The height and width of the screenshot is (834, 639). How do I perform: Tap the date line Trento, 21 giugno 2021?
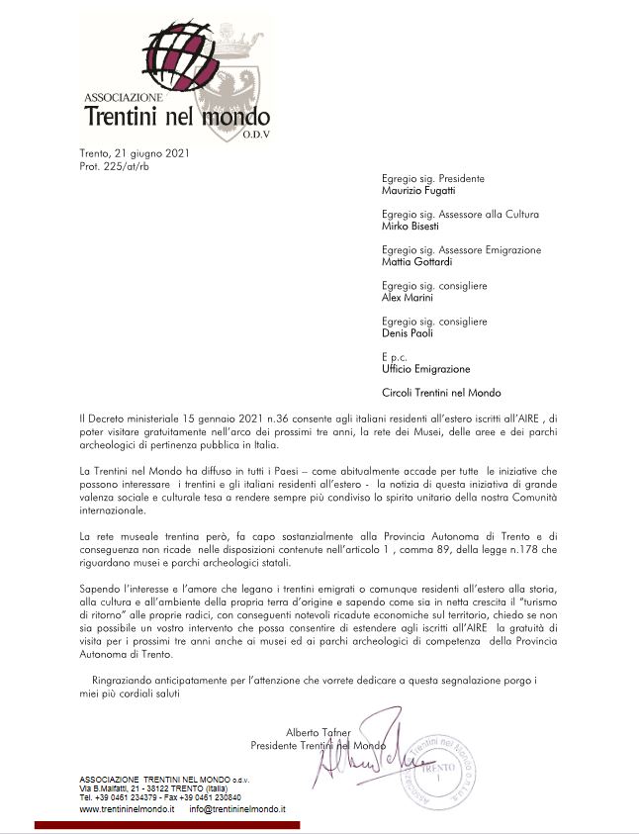(x=135, y=154)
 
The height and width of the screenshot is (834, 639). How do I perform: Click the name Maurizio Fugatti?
(x=419, y=190)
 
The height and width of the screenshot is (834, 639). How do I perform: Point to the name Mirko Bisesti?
(x=411, y=226)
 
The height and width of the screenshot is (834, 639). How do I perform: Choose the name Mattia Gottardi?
(x=416, y=262)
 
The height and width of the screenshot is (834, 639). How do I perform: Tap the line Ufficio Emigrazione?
(x=425, y=369)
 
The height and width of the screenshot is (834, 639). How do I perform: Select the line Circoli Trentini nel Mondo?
(x=441, y=393)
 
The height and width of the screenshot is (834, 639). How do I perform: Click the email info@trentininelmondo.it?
(x=237, y=808)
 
